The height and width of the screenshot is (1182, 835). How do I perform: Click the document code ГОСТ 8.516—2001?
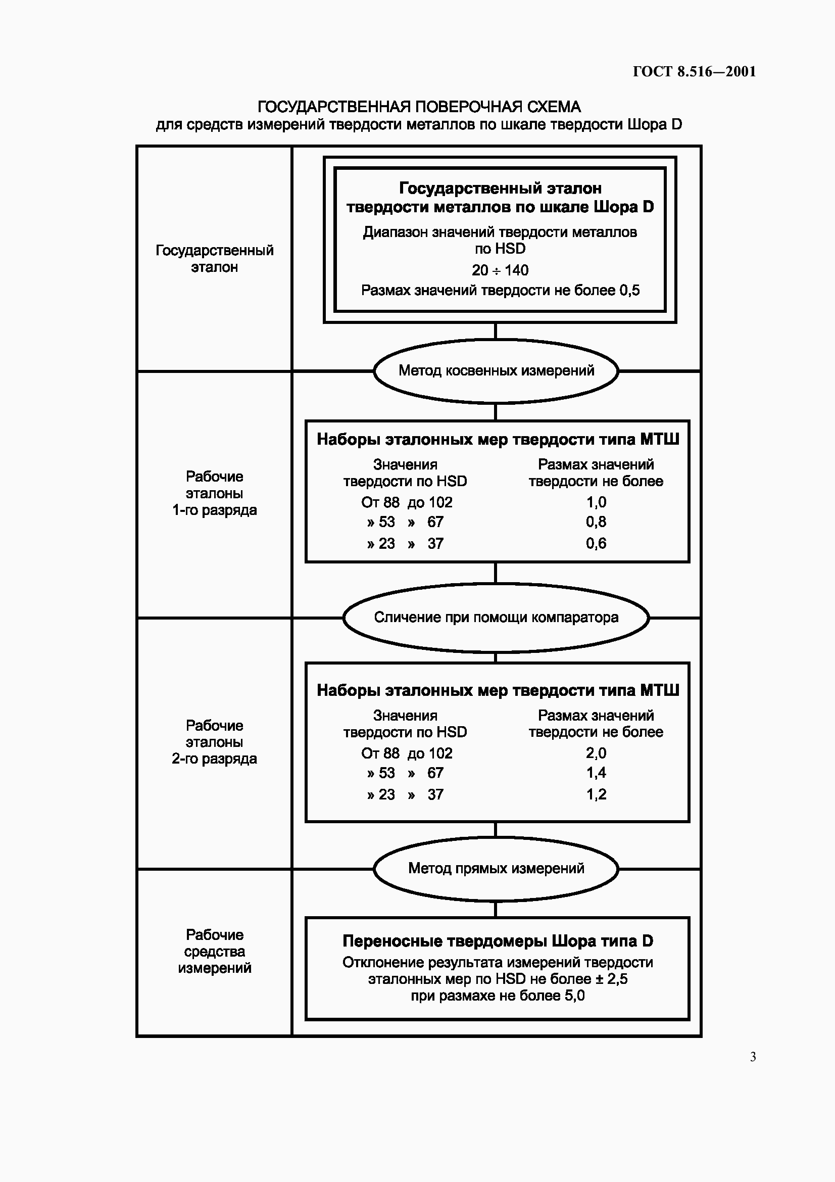(694, 72)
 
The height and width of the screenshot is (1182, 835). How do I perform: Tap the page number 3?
(753, 1057)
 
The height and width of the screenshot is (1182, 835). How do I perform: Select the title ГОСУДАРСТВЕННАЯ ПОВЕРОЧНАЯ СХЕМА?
(419, 107)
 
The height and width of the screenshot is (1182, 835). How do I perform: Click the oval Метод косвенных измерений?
(496, 370)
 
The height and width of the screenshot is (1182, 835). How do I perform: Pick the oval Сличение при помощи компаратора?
(496, 617)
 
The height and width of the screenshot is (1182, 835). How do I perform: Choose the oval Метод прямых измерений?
(496, 869)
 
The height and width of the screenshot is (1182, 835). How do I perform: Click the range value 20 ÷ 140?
(500, 270)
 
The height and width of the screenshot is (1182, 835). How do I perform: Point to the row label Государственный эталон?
(215, 258)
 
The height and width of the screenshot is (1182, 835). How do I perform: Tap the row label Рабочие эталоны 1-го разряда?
(215, 493)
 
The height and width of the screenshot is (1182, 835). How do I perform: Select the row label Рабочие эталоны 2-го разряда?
(215, 742)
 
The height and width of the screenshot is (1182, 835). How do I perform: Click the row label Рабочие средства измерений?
(215, 952)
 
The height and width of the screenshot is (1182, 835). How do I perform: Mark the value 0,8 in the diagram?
(596, 522)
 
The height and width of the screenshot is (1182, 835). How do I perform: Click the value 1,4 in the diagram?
(596, 773)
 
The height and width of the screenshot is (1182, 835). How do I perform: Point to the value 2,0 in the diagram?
(596, 753)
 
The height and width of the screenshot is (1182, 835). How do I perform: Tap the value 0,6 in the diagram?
(596, 543)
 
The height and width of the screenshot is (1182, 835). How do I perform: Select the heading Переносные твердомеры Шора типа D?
(498, 941)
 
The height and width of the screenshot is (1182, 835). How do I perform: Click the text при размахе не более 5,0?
(498, 996)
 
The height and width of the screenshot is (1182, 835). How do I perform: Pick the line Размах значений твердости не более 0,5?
(500, 291)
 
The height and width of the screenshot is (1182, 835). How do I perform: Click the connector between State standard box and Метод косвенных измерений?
(496, 331)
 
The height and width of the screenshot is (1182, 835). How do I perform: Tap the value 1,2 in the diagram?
(596, 794)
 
